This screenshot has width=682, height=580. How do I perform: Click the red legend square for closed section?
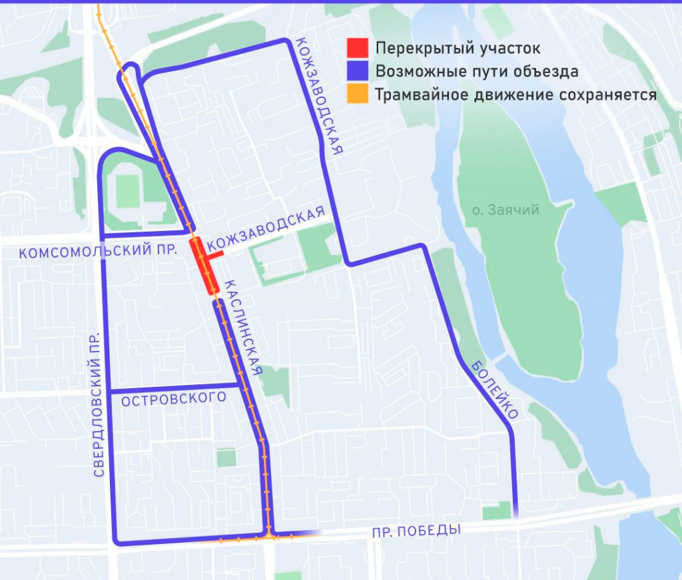pos(358,49)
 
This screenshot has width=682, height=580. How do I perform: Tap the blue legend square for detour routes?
pos(358,71)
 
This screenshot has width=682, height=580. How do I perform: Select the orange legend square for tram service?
pos(358,94)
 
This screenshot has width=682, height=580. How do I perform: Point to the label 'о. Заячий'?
pos(506,210)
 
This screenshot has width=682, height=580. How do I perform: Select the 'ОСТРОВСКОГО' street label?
pos(174,399)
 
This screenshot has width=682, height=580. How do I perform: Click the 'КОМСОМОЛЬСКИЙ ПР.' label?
pos(98,252)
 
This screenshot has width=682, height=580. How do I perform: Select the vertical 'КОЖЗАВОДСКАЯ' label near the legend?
pos(319,96)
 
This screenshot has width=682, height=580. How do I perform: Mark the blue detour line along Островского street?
pos(173,388)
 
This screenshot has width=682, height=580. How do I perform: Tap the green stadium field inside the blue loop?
pos(127,192)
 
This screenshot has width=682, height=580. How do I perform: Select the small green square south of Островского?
pos(226,458)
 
